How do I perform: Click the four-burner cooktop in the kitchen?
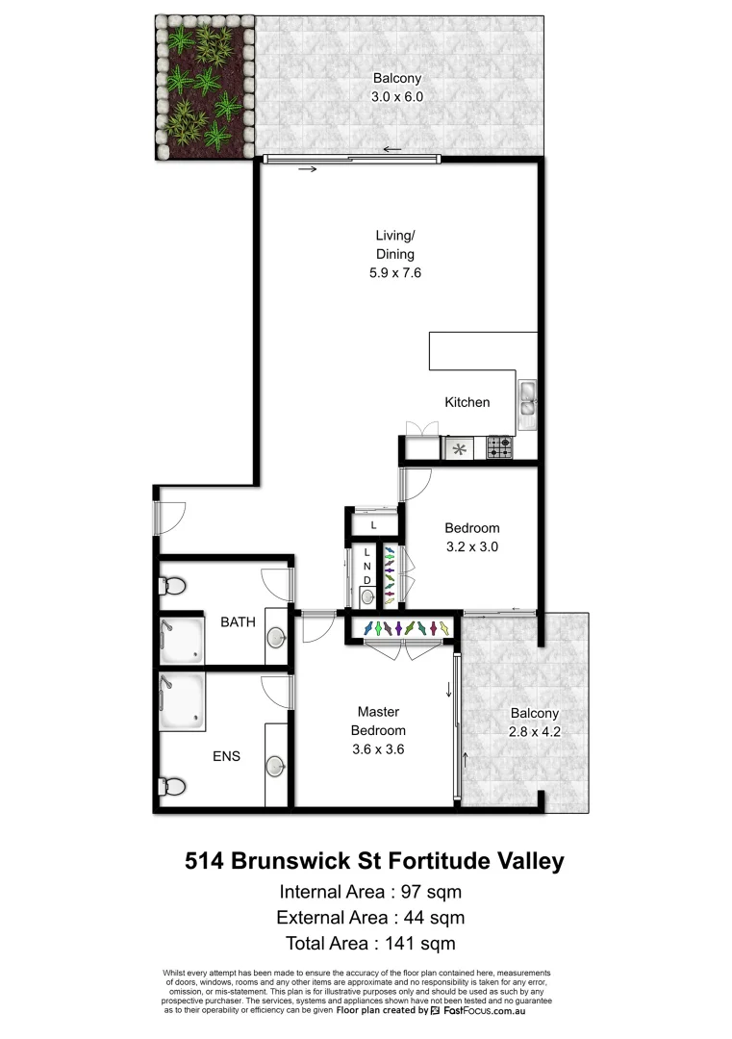[x=499, y=447]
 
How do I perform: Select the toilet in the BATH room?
[x=174, y=586]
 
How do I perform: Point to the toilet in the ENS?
[x=174, y=786]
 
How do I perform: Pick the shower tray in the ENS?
[x=182, y=702]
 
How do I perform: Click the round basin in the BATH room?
[x=276, y=636]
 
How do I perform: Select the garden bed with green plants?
[x=203, y=89]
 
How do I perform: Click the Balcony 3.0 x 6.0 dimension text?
[x=397, y=97]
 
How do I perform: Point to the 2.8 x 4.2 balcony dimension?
[x=534, y=730]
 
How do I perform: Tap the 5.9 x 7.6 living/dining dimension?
[x=395, y=272]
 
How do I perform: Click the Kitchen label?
[x=467, y=402]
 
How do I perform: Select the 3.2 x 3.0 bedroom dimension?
[x=471, y=545]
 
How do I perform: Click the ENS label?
[x=226, y=756]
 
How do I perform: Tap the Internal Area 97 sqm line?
[x=372, y=889]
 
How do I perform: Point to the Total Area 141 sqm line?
[x=371, y=943]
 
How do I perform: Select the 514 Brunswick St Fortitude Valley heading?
[x=373, y=860]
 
